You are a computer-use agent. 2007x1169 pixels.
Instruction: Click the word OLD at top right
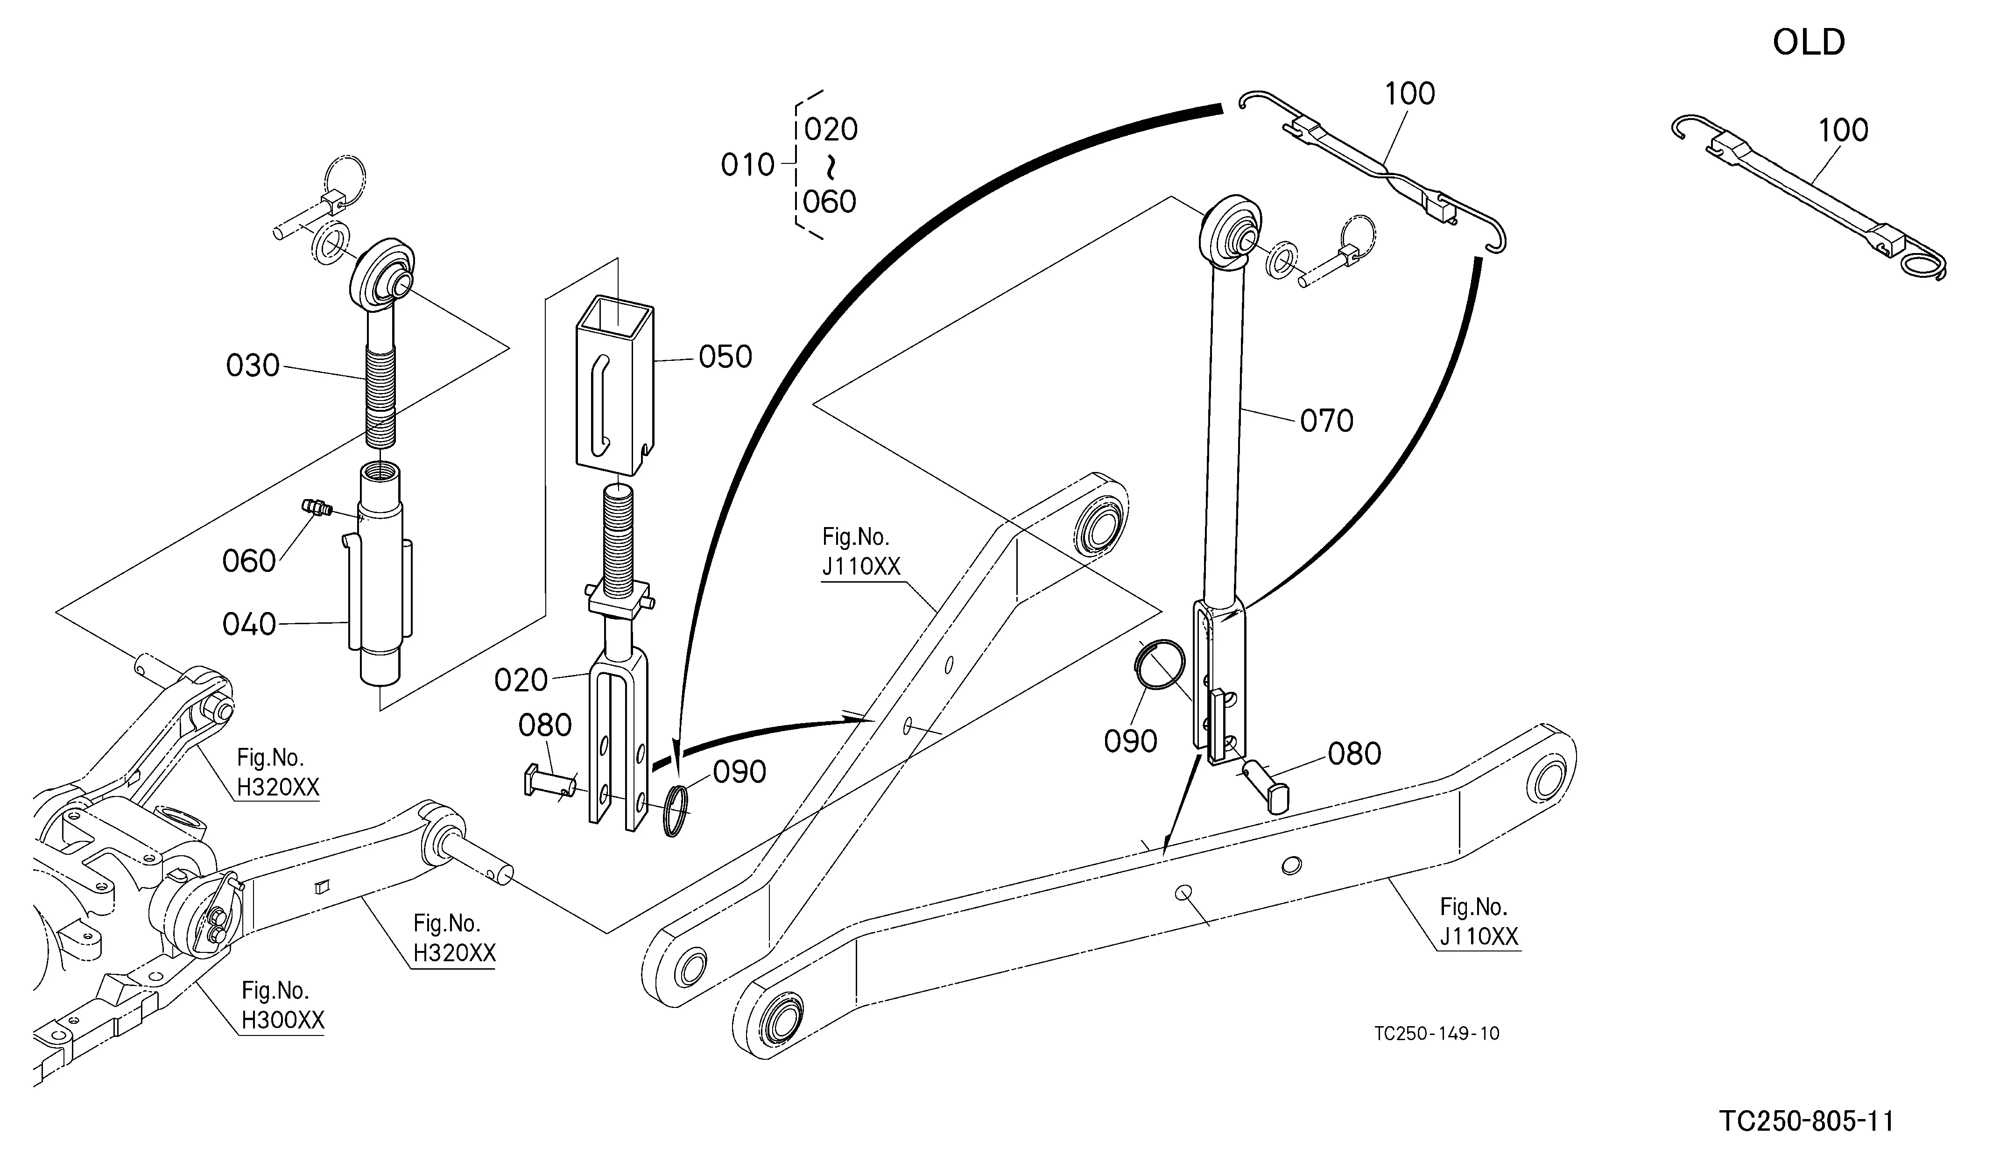1809,42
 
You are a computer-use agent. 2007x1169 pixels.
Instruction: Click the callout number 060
249,562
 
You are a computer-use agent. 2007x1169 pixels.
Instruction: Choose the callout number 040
249,624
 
